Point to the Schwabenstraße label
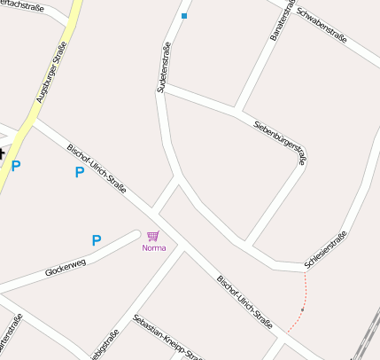click(322, 27)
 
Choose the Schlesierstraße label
click(325, 249)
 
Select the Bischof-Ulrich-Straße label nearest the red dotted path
click(244, 301)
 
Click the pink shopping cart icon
click(153, 236)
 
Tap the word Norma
click(153, 247)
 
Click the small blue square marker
click(184, 16)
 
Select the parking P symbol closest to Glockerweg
click(97, 239)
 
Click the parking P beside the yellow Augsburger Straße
click(16, 165)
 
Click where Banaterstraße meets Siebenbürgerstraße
click(237, 111)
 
